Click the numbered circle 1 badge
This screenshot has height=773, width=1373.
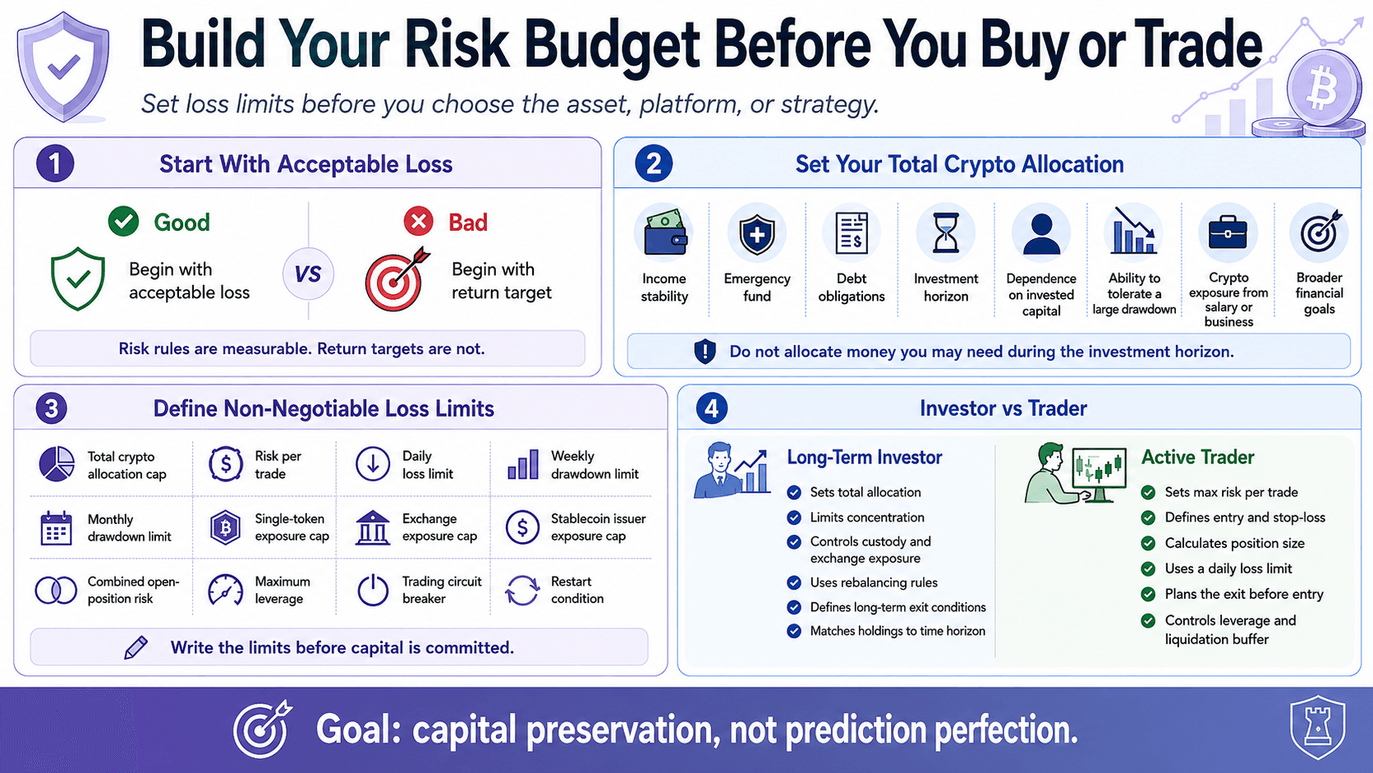point(55,163)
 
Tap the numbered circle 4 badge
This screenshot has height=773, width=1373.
point(712,408)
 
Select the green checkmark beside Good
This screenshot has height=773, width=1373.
point(124,221)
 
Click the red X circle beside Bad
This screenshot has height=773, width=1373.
point(419,221)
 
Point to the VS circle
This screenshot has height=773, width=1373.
point(308,274)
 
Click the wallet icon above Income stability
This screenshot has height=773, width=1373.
point(665,233)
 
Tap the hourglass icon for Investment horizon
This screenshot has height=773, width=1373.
point(946,233)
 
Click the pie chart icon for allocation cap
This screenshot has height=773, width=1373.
point(57,464)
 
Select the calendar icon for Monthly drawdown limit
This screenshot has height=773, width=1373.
point(56,528)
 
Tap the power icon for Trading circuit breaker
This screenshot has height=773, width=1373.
point(373,591)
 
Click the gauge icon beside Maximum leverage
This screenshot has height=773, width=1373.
point(226,591)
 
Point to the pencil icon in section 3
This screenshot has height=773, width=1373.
point(135,647)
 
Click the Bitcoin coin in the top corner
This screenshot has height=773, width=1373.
point(1324,88)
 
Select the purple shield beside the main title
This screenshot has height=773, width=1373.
point(63,67)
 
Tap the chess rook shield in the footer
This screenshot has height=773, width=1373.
point(1318,728)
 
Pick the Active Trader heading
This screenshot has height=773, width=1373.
point(1198,458)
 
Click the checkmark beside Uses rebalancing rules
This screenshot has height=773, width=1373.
point(794,582)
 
